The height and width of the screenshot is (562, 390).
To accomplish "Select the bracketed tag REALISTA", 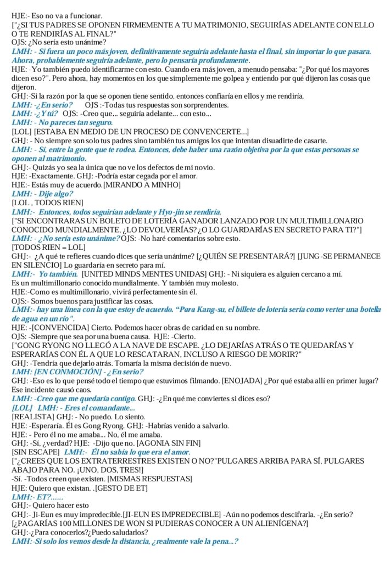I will [31, 417].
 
